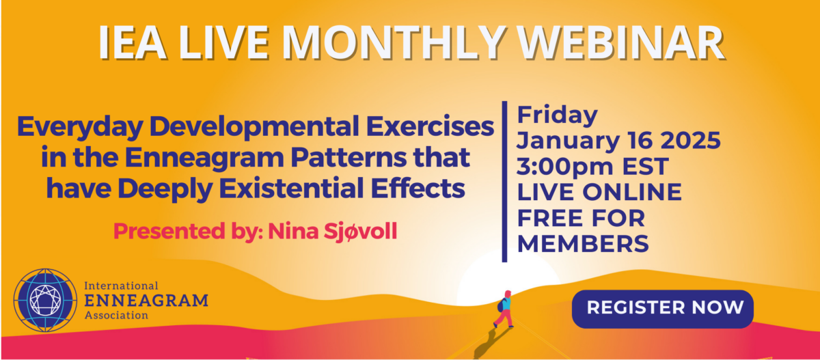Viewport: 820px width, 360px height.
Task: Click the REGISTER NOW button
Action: pyautogui.click(x=663, y=309)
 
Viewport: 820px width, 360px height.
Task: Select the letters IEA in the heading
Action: pyautogui.click(x=132, y=43)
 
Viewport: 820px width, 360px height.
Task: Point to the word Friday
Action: pyautogui.click(x=557, y=115)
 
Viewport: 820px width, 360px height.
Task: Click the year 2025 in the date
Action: pyautogui.click(x=691, y=141)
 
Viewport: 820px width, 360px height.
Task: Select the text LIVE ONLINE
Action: pyautogui.click(x=599, y=192)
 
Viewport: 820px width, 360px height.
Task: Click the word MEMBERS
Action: pyautogui.click(x=583, y=244)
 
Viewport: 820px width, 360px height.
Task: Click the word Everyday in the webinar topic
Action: pyautogui.click(x=80, y=127)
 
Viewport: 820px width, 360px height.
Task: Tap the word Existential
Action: pyautogui.click(x=291, y=189)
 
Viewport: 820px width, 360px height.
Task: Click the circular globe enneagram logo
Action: pyautogui.click(x=45, y=301)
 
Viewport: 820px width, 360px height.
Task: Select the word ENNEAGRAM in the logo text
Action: pyautogui.click(x=146, y=301)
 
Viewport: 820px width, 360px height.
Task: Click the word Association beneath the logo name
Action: pyautogui.click(x=116, y=315)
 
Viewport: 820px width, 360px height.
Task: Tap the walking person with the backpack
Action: pyautogui.click(x=504, y=309)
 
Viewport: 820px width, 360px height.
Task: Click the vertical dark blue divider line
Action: pyautogui.click(x=504, y=182)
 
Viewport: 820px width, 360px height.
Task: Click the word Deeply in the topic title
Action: pyautogui.click(x=165, y=189)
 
